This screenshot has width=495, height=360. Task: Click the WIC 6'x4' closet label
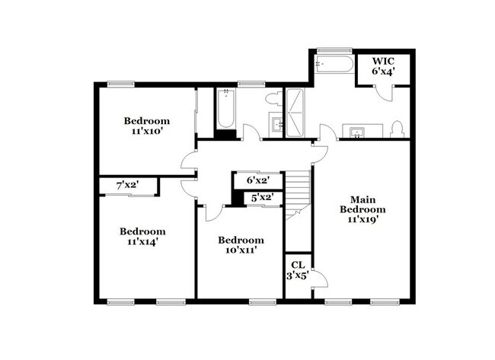(385, 66)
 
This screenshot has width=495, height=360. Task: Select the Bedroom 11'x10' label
(147, 126)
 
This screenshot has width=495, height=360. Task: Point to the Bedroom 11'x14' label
(142, 237)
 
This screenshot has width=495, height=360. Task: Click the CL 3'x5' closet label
(298, 270)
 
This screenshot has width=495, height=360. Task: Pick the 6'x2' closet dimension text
(258, 180)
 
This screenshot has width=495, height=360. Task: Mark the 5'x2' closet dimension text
(262, 197)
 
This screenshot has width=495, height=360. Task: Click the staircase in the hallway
(299, 193)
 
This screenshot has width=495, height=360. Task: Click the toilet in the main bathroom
(397, 129)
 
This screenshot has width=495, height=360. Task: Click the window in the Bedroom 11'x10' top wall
(117, 84)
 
